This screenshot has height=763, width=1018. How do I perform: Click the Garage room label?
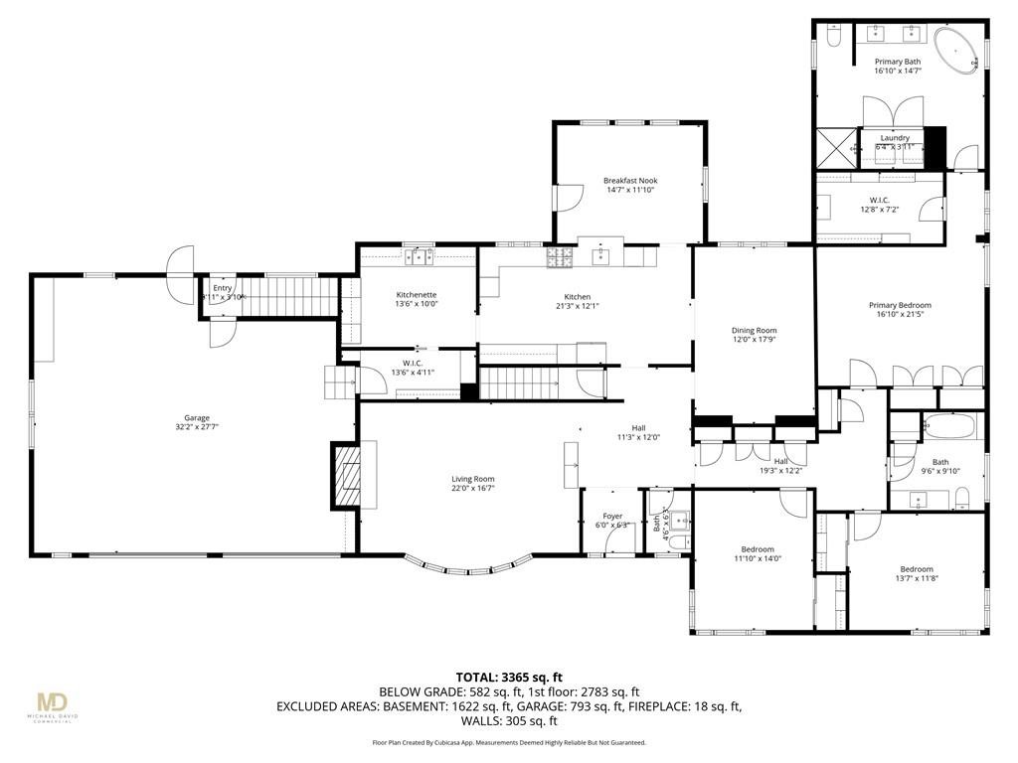196,418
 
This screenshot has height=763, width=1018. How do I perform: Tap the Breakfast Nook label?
630,181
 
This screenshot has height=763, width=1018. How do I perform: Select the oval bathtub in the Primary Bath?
956,45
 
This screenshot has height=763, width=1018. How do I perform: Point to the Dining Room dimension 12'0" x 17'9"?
754,340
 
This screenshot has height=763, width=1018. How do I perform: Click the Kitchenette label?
417,295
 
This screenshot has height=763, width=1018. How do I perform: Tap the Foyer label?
612,516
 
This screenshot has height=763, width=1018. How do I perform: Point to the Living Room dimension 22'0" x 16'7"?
473,488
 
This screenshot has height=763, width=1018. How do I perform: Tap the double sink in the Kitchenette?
419,257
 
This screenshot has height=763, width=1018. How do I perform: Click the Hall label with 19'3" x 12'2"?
780,461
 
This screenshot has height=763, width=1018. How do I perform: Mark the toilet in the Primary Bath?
833,37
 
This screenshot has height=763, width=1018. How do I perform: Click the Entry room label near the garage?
222,288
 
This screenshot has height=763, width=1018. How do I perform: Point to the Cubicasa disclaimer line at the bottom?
508,742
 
